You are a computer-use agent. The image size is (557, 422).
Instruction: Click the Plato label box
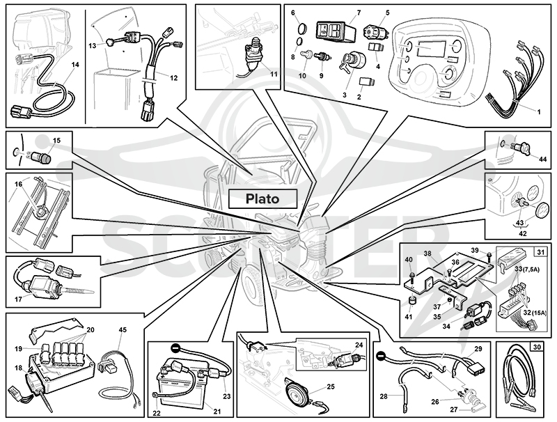point(262,198)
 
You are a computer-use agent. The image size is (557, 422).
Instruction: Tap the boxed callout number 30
point(536,346)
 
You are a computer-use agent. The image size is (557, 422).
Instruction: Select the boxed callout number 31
point(540,252)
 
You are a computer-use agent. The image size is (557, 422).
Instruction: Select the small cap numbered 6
point(301,28)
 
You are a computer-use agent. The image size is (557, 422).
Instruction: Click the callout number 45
point(123,330)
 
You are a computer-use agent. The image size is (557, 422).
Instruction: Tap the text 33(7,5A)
point(528,269)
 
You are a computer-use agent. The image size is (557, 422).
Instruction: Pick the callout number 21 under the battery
point(217,412)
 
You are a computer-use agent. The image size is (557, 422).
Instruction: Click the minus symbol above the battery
point(175,347)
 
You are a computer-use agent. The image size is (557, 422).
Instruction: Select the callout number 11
point(274,75)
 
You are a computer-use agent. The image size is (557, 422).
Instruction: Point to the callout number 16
point(19,184)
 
